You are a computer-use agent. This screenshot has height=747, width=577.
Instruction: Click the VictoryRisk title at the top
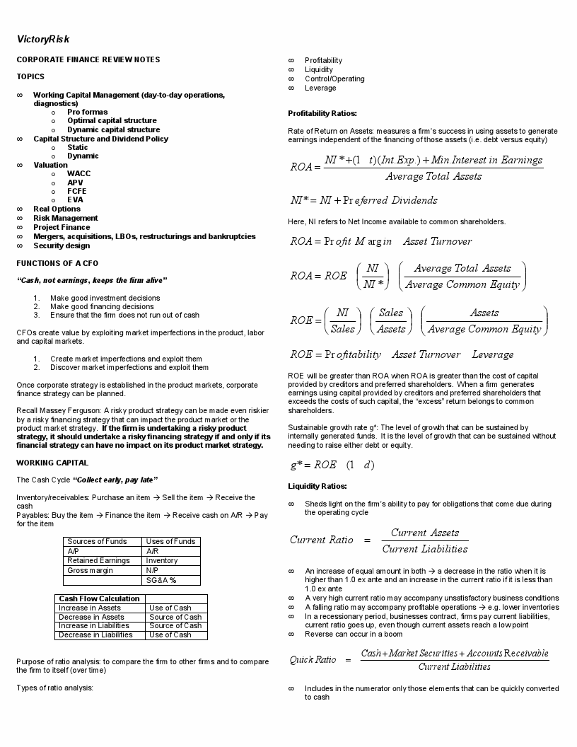click(x=43, y=39)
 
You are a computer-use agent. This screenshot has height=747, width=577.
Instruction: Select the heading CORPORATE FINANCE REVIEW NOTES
click(x=88, y=60)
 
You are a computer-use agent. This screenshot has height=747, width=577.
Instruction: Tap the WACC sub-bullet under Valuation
click(x=79, y=174)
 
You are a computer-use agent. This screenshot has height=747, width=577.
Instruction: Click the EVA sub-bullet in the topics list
click(x=75, y=200)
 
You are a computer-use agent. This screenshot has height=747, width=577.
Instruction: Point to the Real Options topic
click(x=57, y=209)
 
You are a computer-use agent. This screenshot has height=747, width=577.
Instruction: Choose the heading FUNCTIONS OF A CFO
click(x=57, y=263)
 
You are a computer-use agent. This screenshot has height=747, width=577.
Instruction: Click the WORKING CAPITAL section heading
click(x=52, y=463)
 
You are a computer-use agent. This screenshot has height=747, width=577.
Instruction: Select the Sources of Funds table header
click(x=97, y=542)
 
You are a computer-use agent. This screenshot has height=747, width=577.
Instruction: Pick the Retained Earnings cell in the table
click(x=98, y=561)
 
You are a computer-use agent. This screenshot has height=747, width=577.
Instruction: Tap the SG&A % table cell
click(x=161, y=580)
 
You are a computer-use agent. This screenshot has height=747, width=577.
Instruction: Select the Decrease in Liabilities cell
click(x=95, y=635)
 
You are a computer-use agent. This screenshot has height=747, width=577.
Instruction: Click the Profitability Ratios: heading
click(x=322, y=114)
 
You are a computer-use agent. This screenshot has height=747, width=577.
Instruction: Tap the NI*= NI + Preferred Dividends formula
click(x=363, y=200)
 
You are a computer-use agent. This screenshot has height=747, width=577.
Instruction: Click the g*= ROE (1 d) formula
click(x=332, y=465)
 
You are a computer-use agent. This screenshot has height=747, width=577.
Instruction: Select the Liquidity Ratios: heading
click(x=317, y=487)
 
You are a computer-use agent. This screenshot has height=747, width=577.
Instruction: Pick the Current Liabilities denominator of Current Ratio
click(x=424, y=550)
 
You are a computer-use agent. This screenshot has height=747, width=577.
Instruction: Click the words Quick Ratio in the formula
click(x=313, y=660)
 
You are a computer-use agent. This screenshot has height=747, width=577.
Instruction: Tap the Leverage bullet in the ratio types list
click(x=320, y=88)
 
